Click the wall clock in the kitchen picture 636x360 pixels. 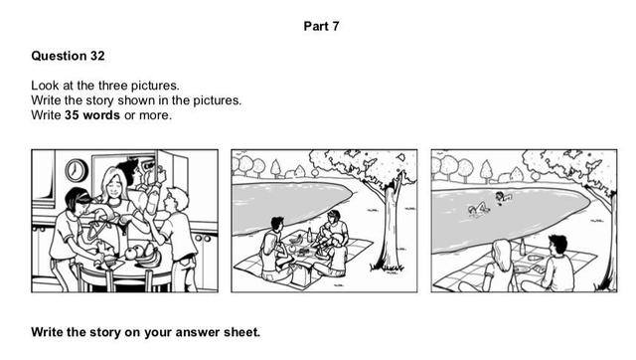pos(77,169)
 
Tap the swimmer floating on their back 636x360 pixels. pos(478,208)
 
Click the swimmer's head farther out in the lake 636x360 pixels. pos(504,196)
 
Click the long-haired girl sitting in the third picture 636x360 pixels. pos(502,266)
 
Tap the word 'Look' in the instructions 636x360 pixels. pos(44,87)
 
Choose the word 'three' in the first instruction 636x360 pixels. pos(102,87)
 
